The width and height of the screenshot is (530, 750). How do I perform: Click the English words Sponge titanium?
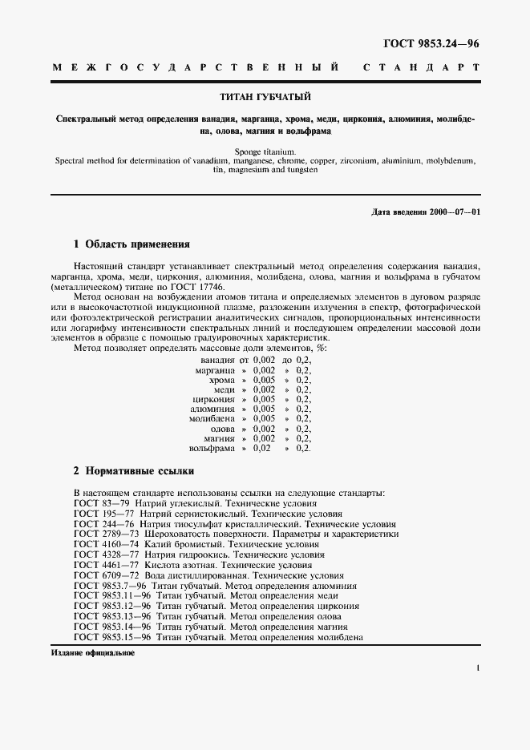[x=264, y=151]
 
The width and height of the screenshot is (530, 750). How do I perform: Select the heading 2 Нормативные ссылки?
[x=132, y=472]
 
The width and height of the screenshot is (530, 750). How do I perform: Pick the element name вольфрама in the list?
[x=212, y=448]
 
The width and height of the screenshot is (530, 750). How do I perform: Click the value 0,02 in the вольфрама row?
[x=261, y=448]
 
